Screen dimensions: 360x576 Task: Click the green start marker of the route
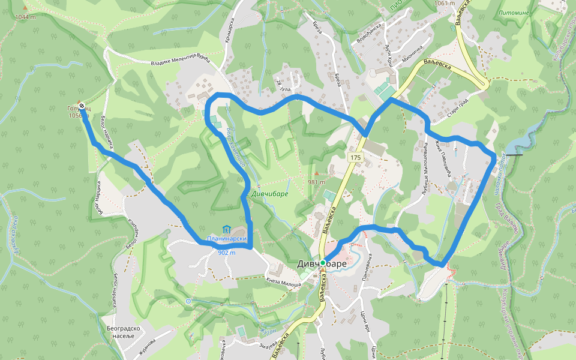point(323,263)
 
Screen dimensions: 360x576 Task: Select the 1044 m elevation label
point(27,17)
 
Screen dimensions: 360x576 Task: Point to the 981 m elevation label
point(316,182)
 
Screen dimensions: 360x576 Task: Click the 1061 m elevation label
point(445,4)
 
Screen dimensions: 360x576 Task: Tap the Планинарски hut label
point(227,239)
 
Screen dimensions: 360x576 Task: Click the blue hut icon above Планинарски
point(226,229)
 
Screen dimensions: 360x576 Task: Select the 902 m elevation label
point(226,253)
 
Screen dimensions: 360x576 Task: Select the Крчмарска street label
point(229,29)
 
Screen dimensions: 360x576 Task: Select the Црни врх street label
point(363,326)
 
